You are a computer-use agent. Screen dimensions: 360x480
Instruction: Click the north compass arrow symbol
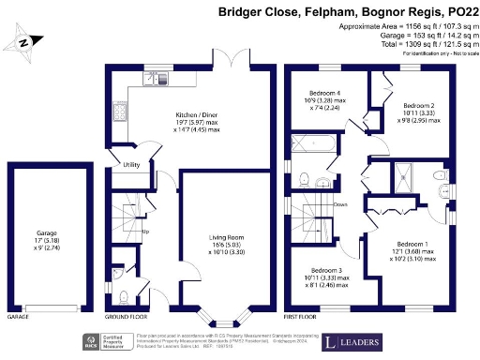click(x=26, y=42)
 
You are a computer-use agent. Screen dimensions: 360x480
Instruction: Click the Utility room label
click(x=131, y=165)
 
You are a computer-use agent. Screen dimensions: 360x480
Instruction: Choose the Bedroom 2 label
click(x=418, y=105)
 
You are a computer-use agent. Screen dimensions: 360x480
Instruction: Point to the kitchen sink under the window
click(x=151, y=79)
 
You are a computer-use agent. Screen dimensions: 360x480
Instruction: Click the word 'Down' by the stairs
click(x=341, y=203)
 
